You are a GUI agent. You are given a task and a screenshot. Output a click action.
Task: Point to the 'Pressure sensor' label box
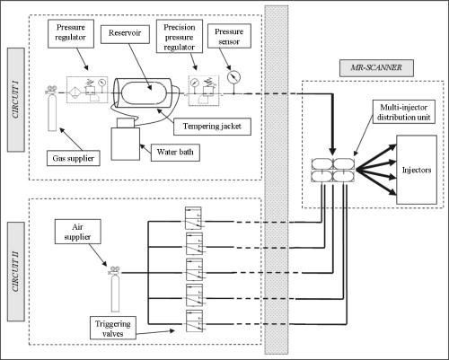230,35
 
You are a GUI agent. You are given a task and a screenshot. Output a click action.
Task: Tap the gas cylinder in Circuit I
53,102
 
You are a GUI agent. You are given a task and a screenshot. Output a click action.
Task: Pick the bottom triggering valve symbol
189,320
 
